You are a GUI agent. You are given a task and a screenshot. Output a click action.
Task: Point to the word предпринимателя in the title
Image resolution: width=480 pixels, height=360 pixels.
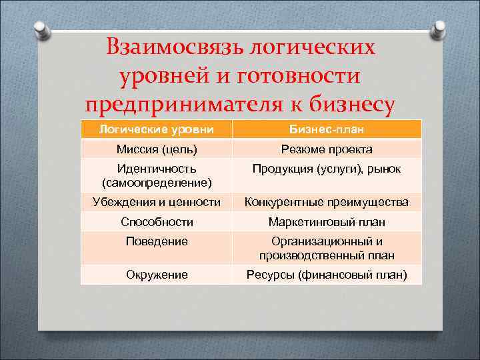coord(189,105)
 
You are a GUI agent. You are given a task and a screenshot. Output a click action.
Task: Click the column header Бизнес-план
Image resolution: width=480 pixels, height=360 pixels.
coord(327,129)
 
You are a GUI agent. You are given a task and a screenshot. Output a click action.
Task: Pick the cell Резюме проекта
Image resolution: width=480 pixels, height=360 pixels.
coord(327,149)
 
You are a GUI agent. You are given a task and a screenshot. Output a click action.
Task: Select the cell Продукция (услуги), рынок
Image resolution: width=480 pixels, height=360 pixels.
coord(327,169)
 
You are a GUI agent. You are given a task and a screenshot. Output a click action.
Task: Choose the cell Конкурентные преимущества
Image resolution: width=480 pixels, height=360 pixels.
coord(327,202)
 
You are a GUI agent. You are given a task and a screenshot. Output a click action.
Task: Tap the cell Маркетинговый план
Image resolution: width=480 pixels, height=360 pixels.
coord(327,222)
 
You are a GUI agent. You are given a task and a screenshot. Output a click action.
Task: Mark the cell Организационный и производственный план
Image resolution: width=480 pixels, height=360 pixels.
coord(327,248)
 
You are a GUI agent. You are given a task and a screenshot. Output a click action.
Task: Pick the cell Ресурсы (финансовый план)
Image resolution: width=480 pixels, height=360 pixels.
coord(327,274)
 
